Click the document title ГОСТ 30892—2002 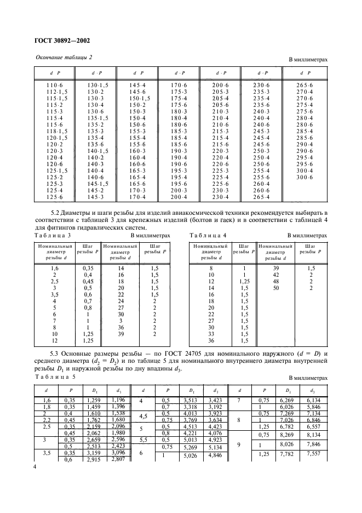pos(63,40)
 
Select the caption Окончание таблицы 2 pos(64,58)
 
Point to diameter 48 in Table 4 pos(275,281)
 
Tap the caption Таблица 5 pos(53,378)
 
